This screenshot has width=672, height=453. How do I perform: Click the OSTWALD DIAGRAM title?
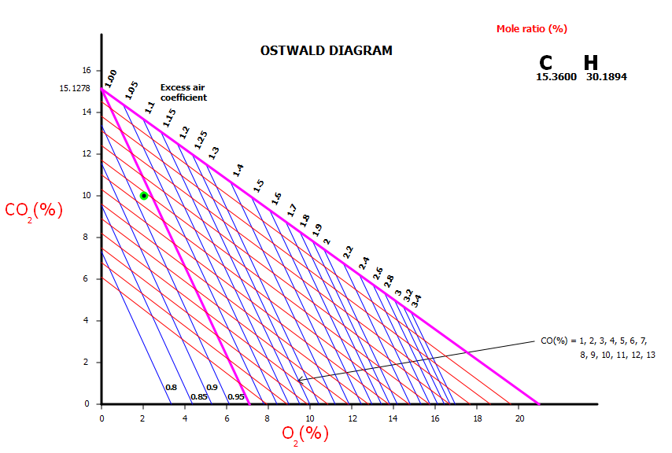pos(326,51)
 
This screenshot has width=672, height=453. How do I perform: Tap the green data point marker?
pos(143,195)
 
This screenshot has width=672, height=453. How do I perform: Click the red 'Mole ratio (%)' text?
pos(531,29)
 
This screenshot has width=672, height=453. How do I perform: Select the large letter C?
pos(546,64)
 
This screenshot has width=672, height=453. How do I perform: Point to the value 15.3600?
pos(556,77)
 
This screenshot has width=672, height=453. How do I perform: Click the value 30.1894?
pos(606,77)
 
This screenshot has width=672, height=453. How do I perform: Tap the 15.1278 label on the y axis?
pos(74,89)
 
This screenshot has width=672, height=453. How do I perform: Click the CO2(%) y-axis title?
pos(34,211)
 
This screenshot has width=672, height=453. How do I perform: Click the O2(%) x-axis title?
pos(305,433)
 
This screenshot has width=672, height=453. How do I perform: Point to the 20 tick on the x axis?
pos(519,418)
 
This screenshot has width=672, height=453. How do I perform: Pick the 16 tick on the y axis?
pos(87,70)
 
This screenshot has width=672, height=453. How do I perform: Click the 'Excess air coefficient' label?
pos(183,93)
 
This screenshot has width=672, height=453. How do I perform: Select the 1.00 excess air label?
pos(111,78)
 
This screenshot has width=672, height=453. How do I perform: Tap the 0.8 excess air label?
pos(171,388)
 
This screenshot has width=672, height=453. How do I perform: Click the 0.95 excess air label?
pos(235,397)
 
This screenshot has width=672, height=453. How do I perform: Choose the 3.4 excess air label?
pos(417,299)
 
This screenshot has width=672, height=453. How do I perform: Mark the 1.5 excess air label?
pos(259,186)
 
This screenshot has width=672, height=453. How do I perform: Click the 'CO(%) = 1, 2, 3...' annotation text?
pos(597,348)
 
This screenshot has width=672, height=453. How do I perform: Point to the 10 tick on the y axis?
pos(87,195)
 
